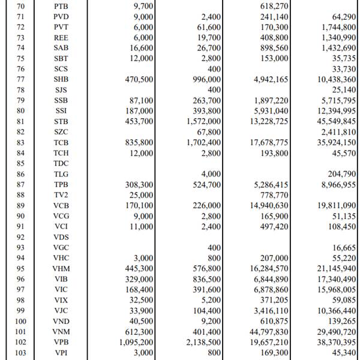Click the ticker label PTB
click(61, 5)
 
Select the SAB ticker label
click(61, 47)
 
